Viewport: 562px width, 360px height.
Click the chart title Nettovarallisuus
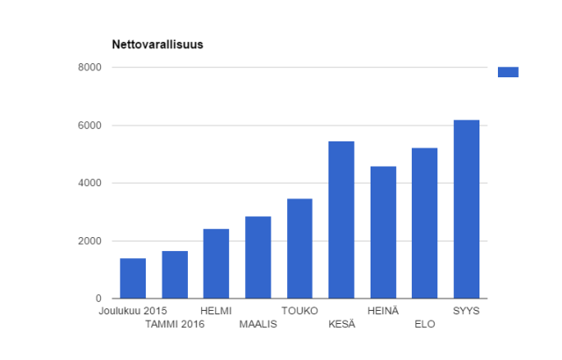point(157,44)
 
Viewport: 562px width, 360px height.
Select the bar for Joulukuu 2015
point(133,278)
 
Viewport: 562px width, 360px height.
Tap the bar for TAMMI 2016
point(175,275)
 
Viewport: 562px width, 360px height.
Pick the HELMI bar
point(216,263)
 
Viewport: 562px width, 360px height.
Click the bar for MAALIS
point(258,257)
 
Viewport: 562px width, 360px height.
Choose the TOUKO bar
point(299,248)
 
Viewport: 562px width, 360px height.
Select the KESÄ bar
point(342,220)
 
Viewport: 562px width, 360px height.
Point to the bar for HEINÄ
point(383,233)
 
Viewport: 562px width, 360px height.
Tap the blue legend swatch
point(508,72)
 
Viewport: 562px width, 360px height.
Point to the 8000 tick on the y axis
point(91,68)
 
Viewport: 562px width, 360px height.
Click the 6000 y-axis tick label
point(91,126)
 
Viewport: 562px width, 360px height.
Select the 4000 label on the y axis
point(91,184)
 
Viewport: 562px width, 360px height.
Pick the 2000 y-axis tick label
point(91,241)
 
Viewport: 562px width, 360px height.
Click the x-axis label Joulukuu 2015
point(133,310)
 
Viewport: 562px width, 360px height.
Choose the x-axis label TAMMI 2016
point(175,324)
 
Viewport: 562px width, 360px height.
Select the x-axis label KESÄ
point(342,324)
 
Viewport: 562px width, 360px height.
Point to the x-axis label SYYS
point(466,310)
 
